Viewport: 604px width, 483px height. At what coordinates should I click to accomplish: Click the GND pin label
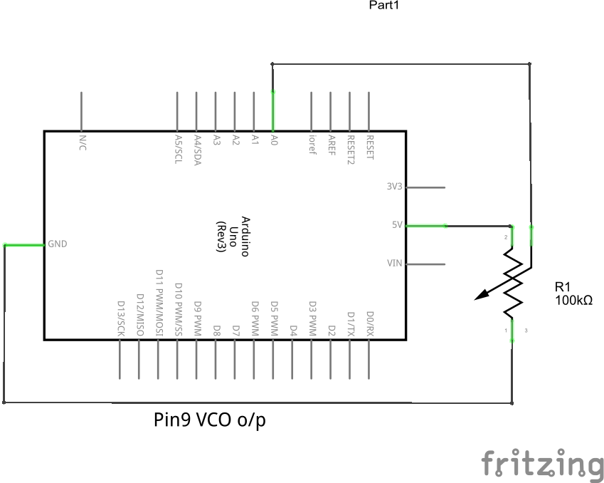[x=58, y=244]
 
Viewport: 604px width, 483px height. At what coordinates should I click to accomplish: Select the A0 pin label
[x=274, y=141]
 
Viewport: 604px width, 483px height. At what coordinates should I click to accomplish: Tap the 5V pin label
[x=397, y=225]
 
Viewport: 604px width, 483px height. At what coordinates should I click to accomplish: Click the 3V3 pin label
[x=394, y=187]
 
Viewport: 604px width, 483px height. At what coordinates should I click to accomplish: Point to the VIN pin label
[x=394, y=264]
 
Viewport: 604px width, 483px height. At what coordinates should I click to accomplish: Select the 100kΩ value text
[x=573, y=301]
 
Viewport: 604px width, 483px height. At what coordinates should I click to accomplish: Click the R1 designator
[x=563, y=287]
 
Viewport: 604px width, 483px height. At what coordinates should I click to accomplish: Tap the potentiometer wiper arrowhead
[x=483, y=294]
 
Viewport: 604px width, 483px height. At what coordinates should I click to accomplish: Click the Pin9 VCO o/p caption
[x=210, y=420]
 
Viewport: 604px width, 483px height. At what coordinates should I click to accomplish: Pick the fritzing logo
[x=542, y=464]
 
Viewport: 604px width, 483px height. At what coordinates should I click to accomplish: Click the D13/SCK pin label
[x=121, y=318]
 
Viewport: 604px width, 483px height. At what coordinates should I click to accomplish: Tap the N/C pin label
[x=83, y=142]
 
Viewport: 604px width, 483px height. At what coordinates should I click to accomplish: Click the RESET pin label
[x=369, y=147]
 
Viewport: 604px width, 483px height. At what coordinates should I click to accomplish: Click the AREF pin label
[x=331, y=145]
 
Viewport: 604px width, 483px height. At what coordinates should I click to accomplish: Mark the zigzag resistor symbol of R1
[x=512, y=282]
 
